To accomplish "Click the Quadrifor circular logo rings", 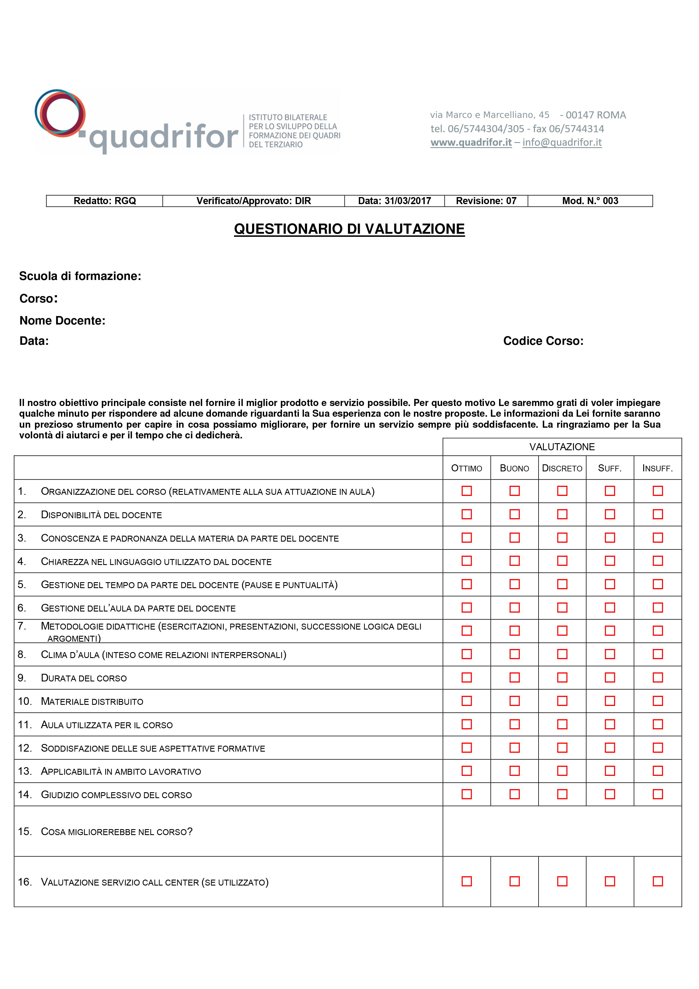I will (60, 113).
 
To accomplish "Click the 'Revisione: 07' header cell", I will (486, 201).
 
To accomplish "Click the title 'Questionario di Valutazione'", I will (349, 229).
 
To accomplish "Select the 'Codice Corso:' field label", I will (543, 341).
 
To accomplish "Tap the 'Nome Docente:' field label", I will (62, 321).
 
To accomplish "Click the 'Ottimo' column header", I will (466, 468).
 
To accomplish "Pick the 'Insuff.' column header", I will (657, 468).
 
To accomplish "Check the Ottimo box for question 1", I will (466, 491).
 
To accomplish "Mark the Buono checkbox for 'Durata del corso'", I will (514, 677).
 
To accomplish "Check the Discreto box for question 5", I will (562, 584).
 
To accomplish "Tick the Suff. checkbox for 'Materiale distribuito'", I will (610, 701).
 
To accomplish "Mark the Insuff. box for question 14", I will (658, 794).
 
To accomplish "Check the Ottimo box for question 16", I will (466, 881).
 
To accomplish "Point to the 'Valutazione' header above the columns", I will (562, 447).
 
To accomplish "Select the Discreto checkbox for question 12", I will (562, 747).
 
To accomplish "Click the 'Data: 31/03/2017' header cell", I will (394, 201).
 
